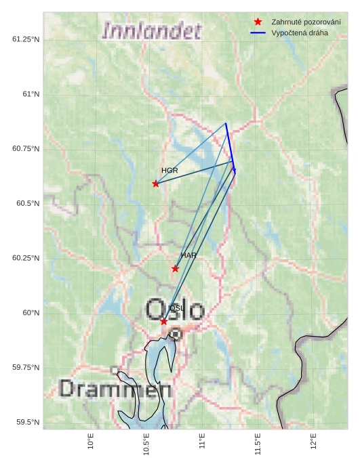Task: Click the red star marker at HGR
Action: [x=156, y=184]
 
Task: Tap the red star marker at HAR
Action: [x=175, y=269]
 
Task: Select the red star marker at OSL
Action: [x=164, y=321]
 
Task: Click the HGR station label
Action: [x=169, y=171]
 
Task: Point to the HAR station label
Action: [x=188, y=255]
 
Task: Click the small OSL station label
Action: [x=176, y=308]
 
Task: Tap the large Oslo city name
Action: [x=175, y=310]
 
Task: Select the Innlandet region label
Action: [x=151, y=30]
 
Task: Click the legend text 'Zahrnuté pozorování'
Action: [x=306, y=22]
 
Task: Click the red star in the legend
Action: [x=258, y=22]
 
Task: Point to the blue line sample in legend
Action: [x=258, y=33]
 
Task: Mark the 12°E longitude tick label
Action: [x=313, y=441]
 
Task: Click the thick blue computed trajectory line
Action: [x=230, y=146]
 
